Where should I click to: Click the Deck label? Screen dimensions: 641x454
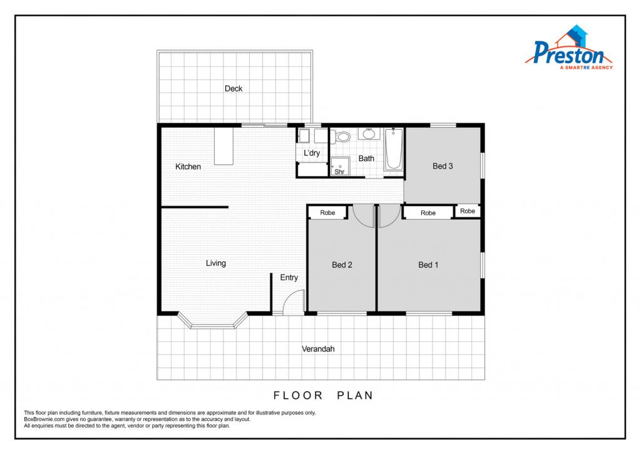pyautogui.click(x=233, y=88)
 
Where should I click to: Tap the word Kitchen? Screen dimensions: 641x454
pyautogui.click(x=188, y=167)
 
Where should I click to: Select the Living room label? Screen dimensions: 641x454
pyautogui.click(x=216, y=263)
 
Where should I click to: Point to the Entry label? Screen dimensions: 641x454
pyautogui.click(x=289, y=277)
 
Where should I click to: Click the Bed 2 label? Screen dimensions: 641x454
pyautogui.click(x=342, y=265)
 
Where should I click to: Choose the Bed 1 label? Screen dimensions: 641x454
pyautogui.click(x=428, y=265)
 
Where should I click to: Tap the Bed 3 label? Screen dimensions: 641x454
pyautogui.click(x=443, y=166)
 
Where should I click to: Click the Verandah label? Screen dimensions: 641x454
pyautogui.click(x=318, y=349)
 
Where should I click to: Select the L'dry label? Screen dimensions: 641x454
pyautogui.click(x=312, y=153)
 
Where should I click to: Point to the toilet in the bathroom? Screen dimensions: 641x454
pyautogui.click(x=341, y=137)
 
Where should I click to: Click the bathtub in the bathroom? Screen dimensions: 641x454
pyautogui.click(x=394, y=149)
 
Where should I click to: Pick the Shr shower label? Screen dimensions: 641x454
pyautogui.click(x=339, y=172)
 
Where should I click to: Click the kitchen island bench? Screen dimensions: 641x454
pyautogui.click(x=223, y=147)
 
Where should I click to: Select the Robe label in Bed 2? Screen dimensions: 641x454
pyautogui.click(x=327, y=213)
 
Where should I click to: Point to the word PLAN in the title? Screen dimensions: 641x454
pyautogui.click(x=356, y=396)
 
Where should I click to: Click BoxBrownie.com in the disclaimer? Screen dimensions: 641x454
pyautogui.click(x=44, y=419)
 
